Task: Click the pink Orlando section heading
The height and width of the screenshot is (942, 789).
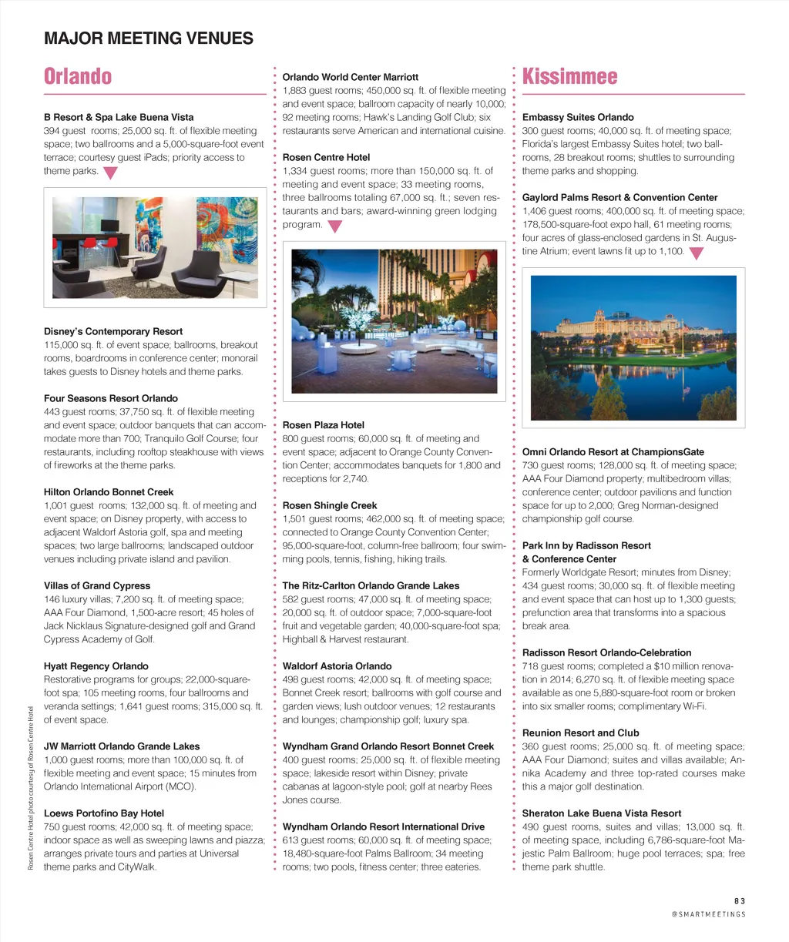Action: (78, 76)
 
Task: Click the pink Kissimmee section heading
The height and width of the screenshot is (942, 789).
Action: (569, 76)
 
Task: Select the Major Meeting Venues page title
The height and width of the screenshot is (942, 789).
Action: (149, 39)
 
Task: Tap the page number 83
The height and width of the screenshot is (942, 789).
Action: (739, 900)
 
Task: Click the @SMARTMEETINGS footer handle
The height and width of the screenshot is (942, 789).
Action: (708, 914)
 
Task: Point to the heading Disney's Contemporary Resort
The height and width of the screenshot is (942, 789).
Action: (113, 331)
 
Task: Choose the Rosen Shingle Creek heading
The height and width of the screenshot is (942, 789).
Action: (330, 505)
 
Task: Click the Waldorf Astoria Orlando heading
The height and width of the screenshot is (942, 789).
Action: (337, 665)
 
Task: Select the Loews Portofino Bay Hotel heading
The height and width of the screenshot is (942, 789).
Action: (104, 813)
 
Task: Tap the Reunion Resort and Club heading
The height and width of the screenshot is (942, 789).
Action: (580, 732)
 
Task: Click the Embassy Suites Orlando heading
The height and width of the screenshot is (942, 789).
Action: (578, 117)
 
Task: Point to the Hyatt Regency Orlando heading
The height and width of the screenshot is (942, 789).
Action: (96, 665)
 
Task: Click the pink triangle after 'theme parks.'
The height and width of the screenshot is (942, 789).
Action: (110, 173)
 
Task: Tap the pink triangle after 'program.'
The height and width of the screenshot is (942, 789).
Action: (334, 226)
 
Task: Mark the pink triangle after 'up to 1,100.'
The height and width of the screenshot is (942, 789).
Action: (696, 253)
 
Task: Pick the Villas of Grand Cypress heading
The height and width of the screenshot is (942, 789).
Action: (97, 585)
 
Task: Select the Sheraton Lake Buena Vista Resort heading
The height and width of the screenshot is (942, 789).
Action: (602, 813)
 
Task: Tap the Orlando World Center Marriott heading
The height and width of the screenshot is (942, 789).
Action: (351, 77)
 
